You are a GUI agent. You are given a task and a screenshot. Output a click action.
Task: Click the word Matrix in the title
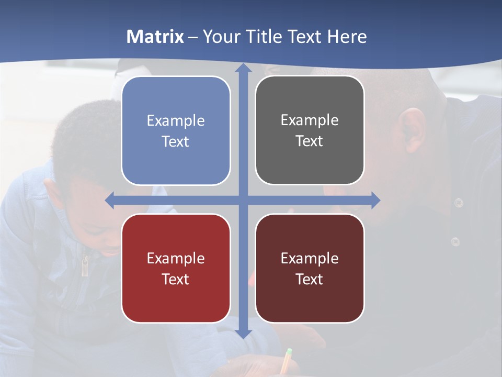pos(155,37)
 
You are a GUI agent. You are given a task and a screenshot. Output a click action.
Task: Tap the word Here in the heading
pos(347,37)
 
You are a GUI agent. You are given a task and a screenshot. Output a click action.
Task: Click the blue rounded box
pos(176,130)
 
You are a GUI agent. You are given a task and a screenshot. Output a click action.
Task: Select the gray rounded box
pos(310,130)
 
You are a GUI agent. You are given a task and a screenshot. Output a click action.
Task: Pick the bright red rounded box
pos(176,268)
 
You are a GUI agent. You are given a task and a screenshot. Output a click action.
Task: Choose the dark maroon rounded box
pos(310,268)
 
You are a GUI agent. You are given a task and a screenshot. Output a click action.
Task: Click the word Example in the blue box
pos(176,120)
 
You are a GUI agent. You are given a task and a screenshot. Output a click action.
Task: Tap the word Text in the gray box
pos(310,141)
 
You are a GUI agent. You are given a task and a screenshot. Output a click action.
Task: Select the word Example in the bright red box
pos(176,258)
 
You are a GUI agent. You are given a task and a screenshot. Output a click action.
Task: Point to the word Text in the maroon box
pos(310,279)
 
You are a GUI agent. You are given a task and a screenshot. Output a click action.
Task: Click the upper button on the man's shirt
pos(459,202)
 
